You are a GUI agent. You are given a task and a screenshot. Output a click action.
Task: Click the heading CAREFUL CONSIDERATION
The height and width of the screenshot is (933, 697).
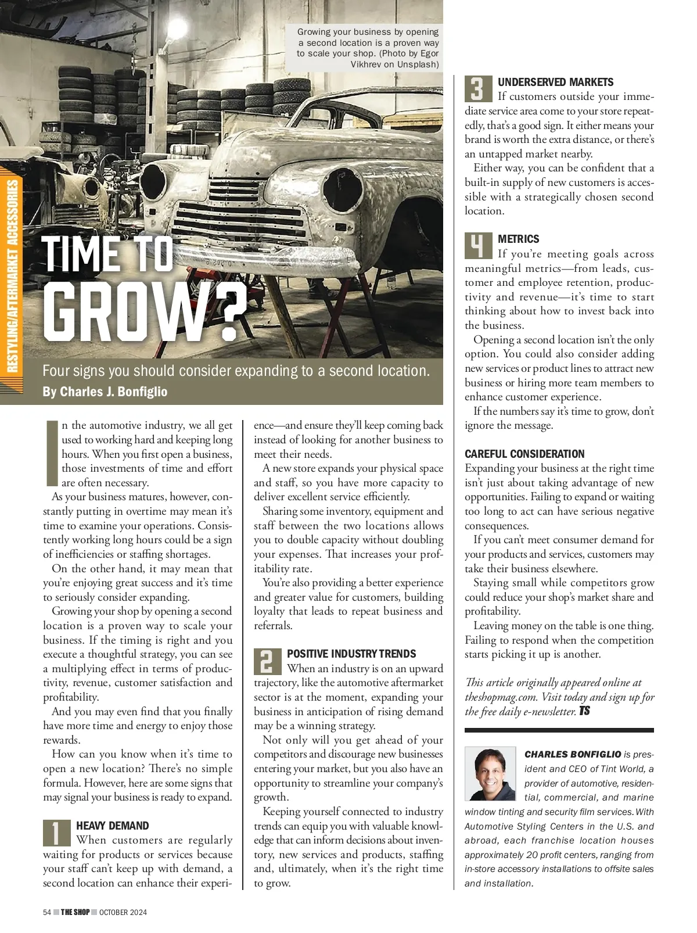pyautogui.click(x=524, y=454)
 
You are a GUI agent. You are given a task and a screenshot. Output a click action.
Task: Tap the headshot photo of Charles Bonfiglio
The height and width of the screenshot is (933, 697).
pyautogui.click(x=490, y=773)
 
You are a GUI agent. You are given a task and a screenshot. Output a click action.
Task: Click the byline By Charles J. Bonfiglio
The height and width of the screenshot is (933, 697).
pyautogui.click(x=105, y=392)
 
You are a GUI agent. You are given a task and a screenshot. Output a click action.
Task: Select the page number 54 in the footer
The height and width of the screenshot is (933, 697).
pyautogui.click(x=47, y=912)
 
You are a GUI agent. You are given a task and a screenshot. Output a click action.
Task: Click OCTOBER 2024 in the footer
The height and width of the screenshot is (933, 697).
pyautogui.click(x=123, y=912)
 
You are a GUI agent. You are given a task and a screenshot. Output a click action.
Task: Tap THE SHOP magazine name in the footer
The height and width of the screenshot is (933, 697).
pyautogui.click(x=76, y=912)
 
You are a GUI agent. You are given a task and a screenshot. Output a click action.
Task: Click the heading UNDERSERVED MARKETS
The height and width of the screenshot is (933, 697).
pyautogui.click(x=555, y=82)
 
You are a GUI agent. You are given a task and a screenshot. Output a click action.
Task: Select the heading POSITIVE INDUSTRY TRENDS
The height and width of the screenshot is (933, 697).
pyautogui.click(x=351, y=654)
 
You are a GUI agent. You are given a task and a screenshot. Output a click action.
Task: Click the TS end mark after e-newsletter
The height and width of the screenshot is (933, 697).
pyautogui.click(x=584, y=710)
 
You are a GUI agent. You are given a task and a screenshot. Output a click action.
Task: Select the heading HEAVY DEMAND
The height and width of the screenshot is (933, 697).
pyautogui.click(x=113, y=826)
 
